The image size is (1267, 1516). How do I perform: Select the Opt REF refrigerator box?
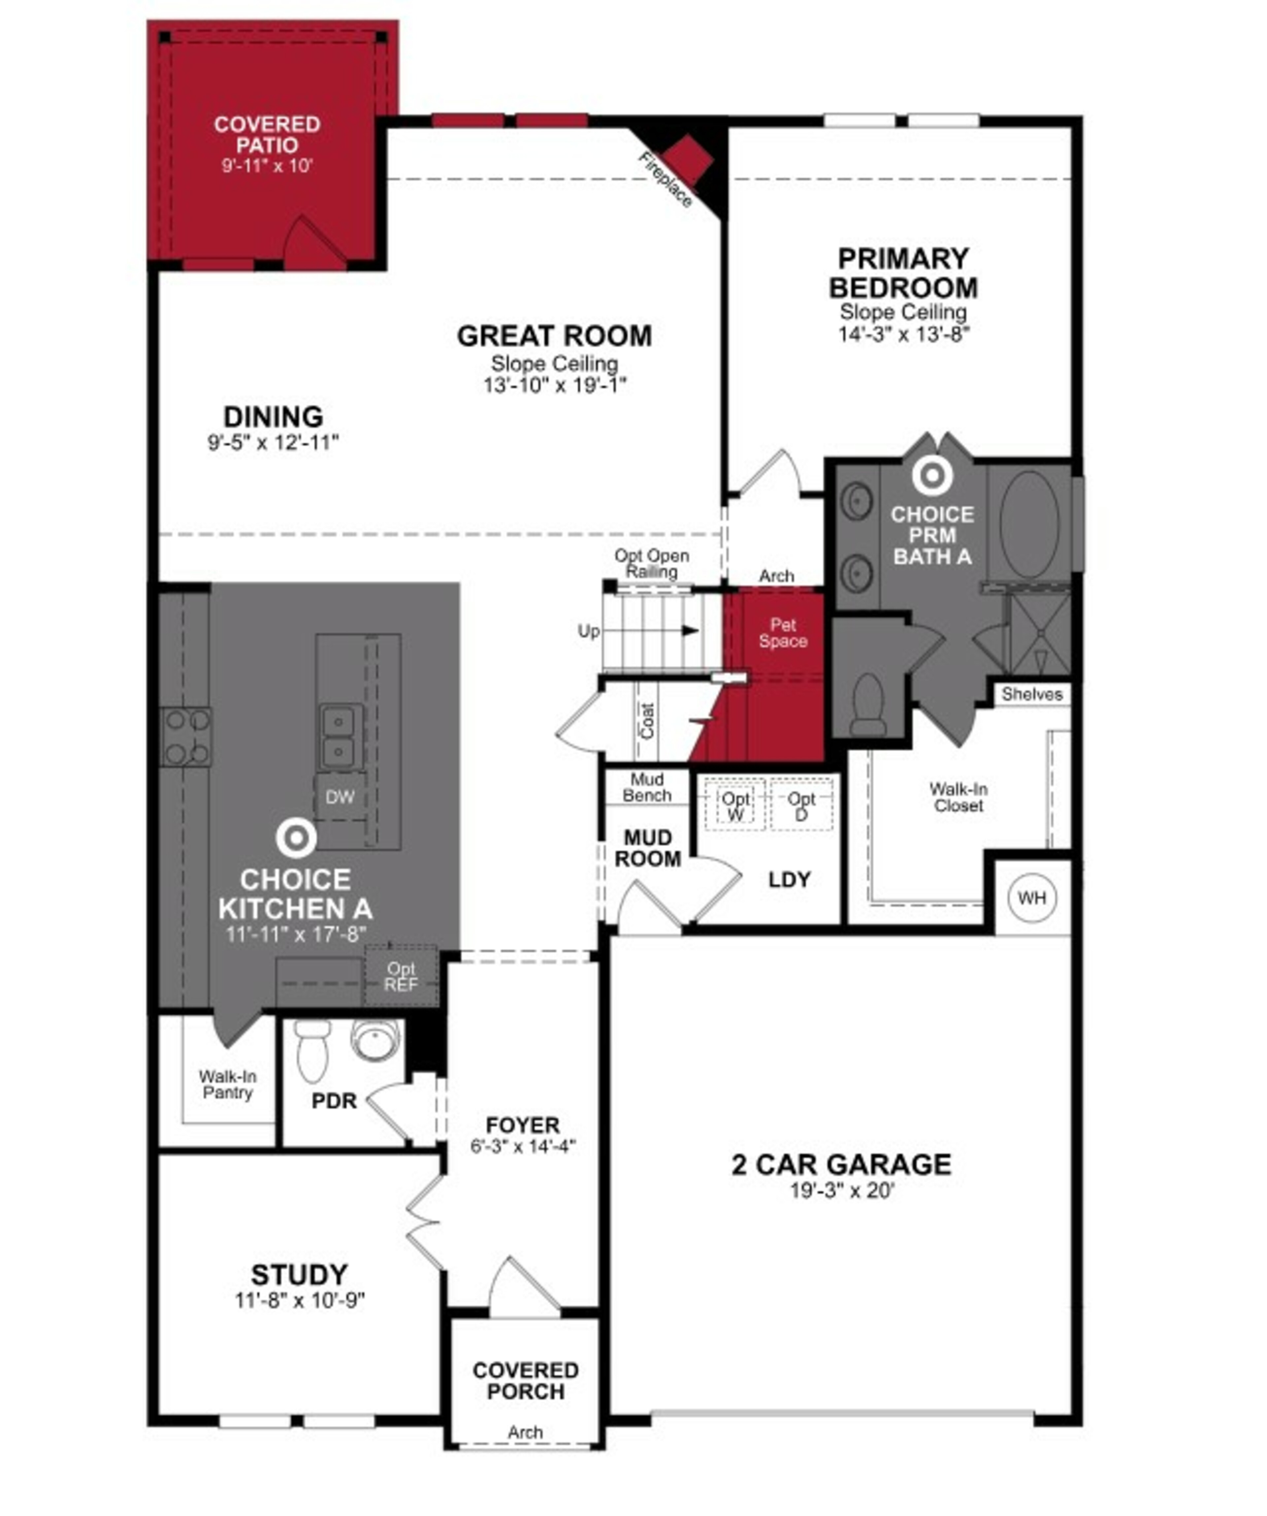tap(401, 976)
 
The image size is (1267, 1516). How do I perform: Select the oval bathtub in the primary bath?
tap(1029, 525)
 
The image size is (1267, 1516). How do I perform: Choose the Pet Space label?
tap(783, 633)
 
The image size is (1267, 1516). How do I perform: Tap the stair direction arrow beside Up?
tap(690, 631)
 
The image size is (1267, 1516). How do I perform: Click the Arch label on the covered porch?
tap(525, 1432)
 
